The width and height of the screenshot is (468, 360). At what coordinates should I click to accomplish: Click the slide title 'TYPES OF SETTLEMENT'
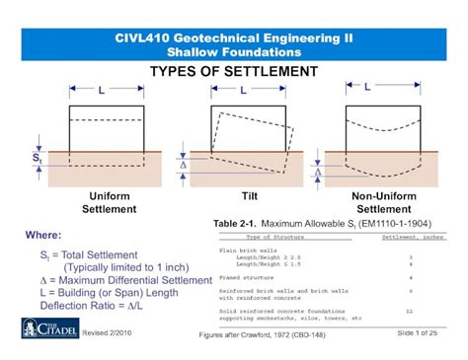[233, 72]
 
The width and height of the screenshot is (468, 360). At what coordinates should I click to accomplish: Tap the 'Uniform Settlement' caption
[109, 202]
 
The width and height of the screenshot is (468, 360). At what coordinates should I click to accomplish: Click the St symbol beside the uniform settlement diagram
[38, 157]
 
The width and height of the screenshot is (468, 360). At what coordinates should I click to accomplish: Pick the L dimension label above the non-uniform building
[367, 87]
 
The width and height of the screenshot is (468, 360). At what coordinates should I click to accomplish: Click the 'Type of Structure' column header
[277, 238]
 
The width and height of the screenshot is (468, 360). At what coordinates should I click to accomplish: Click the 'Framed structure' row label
[247, 279]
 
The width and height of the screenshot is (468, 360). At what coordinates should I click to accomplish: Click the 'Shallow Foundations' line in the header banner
[233, 51]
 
